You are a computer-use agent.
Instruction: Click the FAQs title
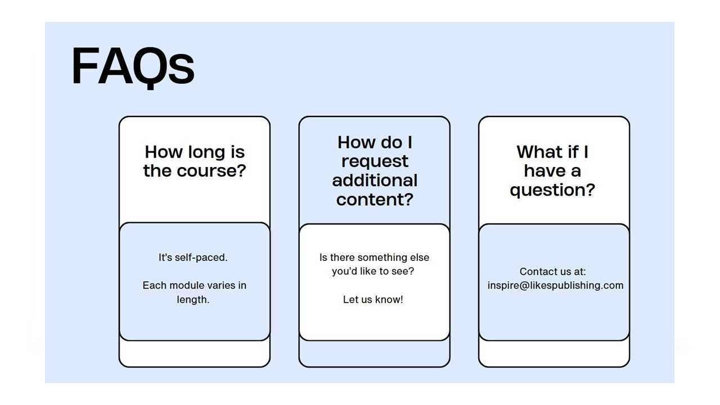pos(133,67)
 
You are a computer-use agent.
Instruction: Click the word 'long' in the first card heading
pos(206,153)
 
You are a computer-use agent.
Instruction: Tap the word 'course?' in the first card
pos(211,171)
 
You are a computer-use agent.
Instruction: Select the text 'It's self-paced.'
pos(193,258)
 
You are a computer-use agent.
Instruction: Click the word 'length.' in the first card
pos(193,300)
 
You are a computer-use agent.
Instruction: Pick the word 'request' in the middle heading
pos(375,162)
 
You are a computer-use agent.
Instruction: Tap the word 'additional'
pos(375,181)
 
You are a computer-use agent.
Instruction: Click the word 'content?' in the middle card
pos(375,200)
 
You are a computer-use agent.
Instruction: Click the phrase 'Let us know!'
pos(373,300)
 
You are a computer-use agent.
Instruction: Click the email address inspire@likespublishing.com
pos(555,286)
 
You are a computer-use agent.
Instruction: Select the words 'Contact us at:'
pos(553,272)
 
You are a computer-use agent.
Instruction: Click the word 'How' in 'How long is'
pos(163,152)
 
